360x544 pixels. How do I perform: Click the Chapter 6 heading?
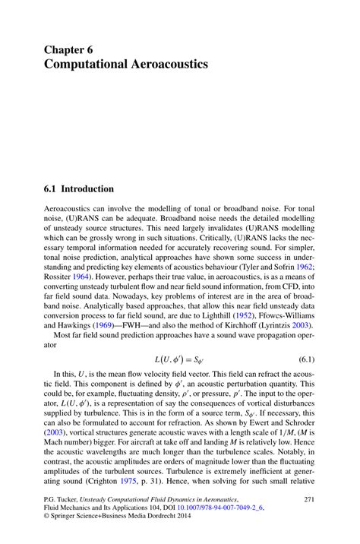(x=68, y=49)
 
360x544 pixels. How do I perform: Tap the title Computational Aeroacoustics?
(x=125, y=65)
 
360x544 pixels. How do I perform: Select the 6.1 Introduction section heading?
(x=79, y=188)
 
